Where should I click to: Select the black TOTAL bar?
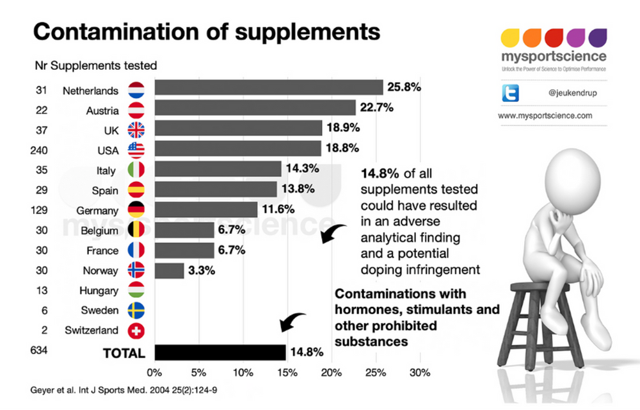[220, 352]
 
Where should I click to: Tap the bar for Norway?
[169, 270]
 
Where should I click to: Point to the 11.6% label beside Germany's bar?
[276, 209]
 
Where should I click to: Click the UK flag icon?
[136, 130]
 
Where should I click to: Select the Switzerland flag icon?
[136, 331]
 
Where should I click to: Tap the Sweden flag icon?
[136, 311]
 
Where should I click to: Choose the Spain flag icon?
[136, 190]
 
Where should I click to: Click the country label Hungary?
[99, 291]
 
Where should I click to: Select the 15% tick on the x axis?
[287, 372]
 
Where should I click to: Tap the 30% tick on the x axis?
[419, 372]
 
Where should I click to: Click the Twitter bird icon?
[511, 94]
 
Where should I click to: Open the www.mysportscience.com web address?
[545, 116]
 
